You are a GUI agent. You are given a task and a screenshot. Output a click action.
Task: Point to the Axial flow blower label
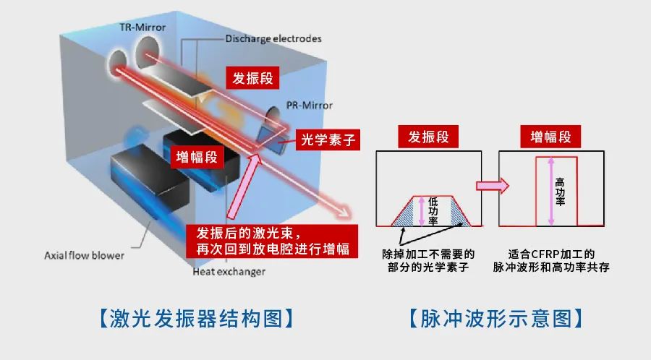pyautogui.click(x=85, y=255)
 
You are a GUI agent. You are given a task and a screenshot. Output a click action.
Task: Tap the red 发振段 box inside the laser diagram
pyautogui.click(x=252, y=77)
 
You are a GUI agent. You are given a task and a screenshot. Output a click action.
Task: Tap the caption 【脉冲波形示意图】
pyautogui.click(x=495, y=318)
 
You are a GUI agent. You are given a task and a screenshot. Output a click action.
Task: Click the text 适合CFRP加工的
pyautogui.click(x=551, y=254)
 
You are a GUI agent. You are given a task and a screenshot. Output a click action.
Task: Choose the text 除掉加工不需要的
pyautogui.click(x=428, y=254)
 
